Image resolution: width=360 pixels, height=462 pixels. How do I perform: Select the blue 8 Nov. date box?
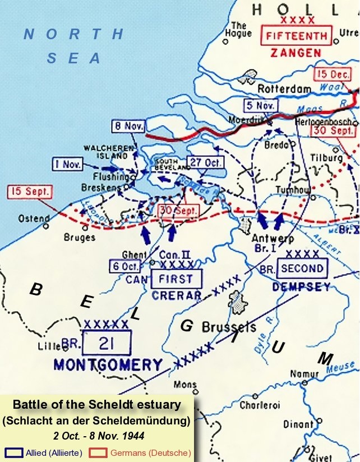127,127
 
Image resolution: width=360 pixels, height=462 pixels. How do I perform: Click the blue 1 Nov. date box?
67,164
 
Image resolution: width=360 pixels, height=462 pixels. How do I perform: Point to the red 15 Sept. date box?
29,192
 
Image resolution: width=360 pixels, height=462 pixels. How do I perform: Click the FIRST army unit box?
176,279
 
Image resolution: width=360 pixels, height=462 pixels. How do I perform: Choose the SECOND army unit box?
302,269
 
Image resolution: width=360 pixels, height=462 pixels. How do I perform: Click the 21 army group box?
107,343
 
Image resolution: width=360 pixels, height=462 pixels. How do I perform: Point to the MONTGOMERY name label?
108,365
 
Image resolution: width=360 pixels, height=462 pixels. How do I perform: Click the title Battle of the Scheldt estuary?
96,405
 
